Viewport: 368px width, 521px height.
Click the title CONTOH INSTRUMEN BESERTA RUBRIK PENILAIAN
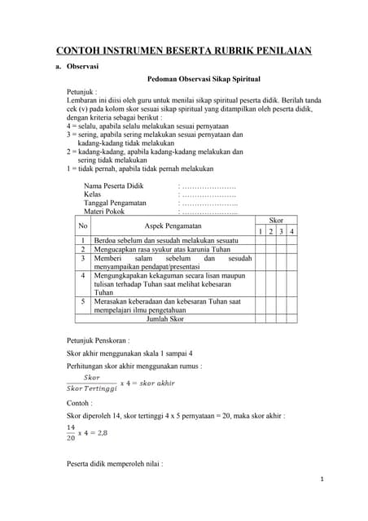point(184,50)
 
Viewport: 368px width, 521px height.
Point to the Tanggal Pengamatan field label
point(116,203)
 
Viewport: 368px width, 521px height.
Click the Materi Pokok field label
point(107,212)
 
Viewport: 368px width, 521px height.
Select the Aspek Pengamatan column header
point(172,225)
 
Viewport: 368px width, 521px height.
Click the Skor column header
point(276,221)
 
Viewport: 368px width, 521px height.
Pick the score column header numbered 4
point(291,232)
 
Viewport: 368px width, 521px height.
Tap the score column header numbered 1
point(260,232)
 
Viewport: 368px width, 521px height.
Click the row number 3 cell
point(83,258)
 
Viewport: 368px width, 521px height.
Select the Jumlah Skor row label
point(164,319)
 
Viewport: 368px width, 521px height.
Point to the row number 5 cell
point(83,301)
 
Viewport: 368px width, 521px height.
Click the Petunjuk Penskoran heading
point(100,339)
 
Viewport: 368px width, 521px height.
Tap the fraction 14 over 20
point(72,432)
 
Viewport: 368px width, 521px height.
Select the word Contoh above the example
point(80,403)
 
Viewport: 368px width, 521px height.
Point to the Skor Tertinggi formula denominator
point(90,388)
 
